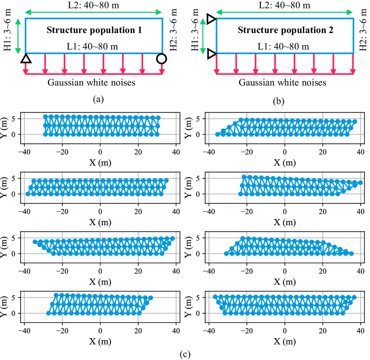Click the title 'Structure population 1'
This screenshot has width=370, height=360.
[x=94, y=30]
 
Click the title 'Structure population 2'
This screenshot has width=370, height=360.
[x=285, y=30]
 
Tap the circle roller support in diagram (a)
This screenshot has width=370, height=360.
[x=162, y=58]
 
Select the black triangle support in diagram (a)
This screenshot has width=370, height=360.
[x=26, y=59]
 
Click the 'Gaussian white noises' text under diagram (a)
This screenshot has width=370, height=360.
[x=91, y=83]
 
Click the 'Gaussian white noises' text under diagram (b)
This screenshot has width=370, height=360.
[x=282, y=83]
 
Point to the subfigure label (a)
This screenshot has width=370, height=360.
[x=98, y=99]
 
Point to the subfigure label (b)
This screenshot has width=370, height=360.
[x=278, y=101]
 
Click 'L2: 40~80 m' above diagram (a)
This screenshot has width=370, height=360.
[x=93, y=5]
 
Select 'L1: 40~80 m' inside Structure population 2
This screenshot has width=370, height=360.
[x=283, y=47]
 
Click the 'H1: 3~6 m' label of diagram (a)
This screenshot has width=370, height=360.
[x=7, y=30]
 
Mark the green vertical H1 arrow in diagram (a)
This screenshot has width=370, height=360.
[x=18, y=36]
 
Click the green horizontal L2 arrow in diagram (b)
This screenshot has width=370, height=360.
[x=284, y=12]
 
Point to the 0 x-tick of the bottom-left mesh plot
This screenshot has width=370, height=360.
[x=100, y=331]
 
